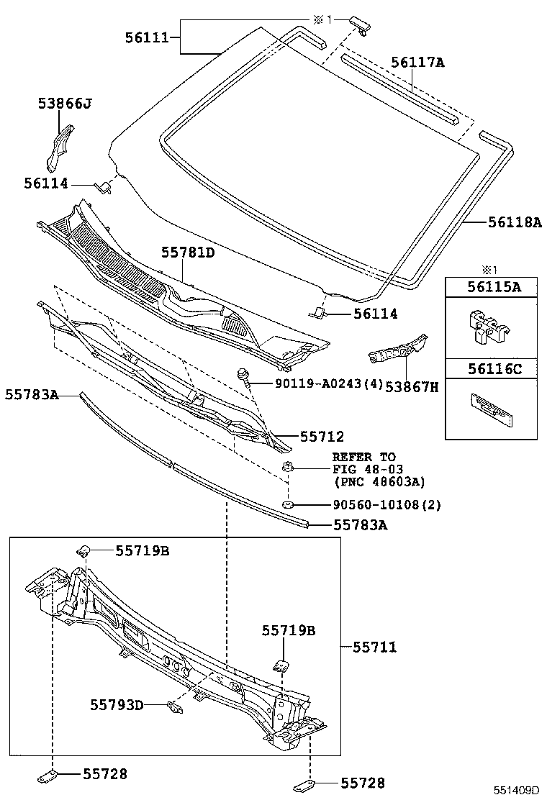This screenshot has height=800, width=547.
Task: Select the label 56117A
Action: coord(417,63)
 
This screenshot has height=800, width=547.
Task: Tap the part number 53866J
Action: coord(65,104)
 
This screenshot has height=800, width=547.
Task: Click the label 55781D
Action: coord(188,253)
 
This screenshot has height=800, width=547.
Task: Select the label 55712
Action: coord(322,436)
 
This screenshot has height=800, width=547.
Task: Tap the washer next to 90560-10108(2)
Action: coord(288,504)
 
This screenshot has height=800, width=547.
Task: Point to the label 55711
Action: coord(374,647)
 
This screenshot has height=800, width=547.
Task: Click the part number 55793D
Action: coord(117,704)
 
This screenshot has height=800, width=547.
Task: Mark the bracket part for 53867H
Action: coord(396,348)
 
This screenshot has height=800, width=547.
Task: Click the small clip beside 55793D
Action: coord(173,707)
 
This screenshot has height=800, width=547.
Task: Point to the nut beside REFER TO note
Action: coord(287,466)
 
